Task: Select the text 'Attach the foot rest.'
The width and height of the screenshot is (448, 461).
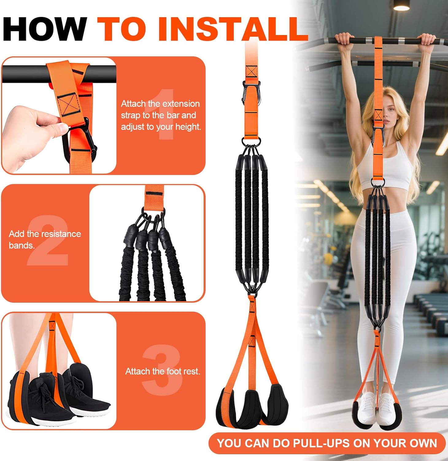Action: (x=163, y=371)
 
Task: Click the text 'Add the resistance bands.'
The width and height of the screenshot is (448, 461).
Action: (x=44, y=239)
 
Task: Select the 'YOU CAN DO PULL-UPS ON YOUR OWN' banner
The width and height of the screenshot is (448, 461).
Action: (x=327, y=443)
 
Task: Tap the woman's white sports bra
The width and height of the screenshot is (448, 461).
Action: (x=385, y=167)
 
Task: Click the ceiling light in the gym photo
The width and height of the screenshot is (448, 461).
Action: (x=401, y=6)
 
